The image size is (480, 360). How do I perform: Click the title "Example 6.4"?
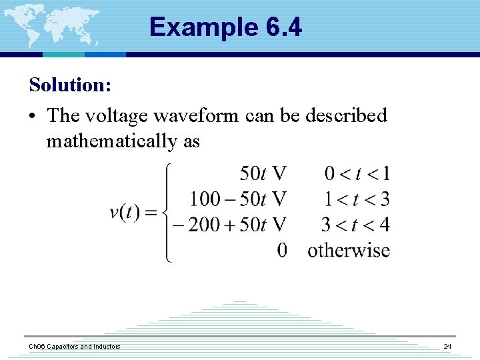coord(225,27)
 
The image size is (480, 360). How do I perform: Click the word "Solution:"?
coord(70,85)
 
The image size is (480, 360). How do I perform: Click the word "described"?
coord(346,115)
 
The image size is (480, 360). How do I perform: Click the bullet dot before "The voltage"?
coord(33,116)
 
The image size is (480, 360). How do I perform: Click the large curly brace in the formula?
coord(167,213)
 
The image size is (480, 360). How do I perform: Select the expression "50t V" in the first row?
coord(263,174)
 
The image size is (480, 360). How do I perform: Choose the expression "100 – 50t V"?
coord(238,199)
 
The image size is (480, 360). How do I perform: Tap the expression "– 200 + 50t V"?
coord(229,224)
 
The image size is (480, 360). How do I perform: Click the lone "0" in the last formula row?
coord(282,250)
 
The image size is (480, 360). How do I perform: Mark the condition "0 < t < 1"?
coord(357,174)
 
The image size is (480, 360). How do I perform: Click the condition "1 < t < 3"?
coord(357,199)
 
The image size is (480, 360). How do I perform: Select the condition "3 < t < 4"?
coord(355,224)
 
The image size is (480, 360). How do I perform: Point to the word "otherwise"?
coord(348,250)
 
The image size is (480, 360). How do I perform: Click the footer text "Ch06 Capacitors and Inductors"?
coord(74,346)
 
